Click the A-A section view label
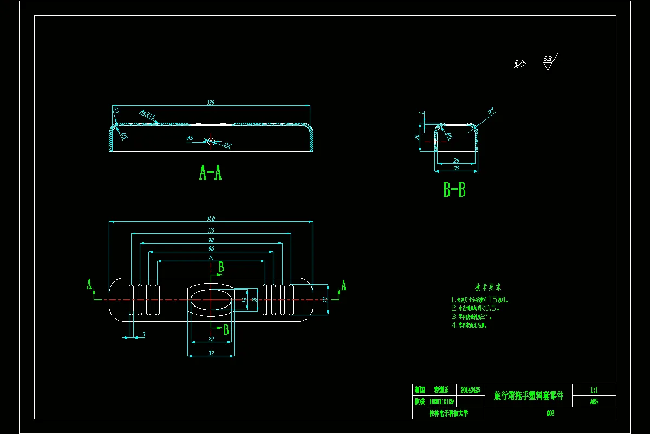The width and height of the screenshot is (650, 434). coord(210,173)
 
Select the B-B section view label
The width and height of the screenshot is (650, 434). coord(454,190)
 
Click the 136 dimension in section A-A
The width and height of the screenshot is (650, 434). coord(211,103)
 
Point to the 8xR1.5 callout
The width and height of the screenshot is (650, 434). coord(147,115)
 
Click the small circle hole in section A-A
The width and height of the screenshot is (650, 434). coord(211,142)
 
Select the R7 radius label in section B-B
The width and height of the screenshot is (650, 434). coord(491,112)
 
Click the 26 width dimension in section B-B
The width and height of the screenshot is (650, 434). coord(456,161)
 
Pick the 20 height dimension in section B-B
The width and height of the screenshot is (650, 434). coord(417,137)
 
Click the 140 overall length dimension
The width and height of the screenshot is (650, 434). coord(211,219)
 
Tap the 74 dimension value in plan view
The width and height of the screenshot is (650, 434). coord(211,258)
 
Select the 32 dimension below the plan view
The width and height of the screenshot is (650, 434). coord(211,353)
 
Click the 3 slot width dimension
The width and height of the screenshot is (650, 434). coord(143,335)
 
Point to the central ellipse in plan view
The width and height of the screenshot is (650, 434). coord(211,299)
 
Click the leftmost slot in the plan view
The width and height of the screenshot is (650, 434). coord(131,299)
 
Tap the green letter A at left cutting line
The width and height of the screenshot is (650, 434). coord(89,285)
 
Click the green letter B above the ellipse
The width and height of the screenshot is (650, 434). coord(221,267)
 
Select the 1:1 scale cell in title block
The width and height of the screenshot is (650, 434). coord(594,390)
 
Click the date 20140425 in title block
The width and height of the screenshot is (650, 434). coord(470,390)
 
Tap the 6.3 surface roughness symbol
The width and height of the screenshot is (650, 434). coord(548,62)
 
